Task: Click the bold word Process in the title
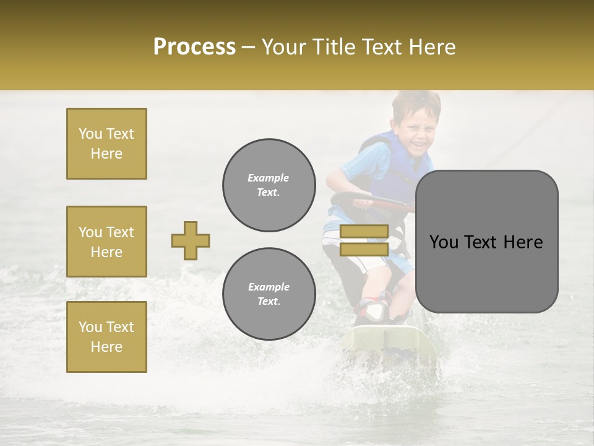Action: point(194,46)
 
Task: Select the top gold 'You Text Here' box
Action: point(106,144)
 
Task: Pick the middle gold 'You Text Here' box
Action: point(106,242)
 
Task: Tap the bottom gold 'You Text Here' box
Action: point(106,337)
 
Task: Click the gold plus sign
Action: point(191,240)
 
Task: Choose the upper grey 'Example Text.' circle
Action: point(269,185)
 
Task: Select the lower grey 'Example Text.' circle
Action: point(269,294)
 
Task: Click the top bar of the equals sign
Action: point(364,232)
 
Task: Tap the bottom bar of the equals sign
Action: point(364,249)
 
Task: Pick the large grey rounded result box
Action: point(486,242)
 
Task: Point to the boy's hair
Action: point(416,102)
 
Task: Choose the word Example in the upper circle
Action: point(269,178)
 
